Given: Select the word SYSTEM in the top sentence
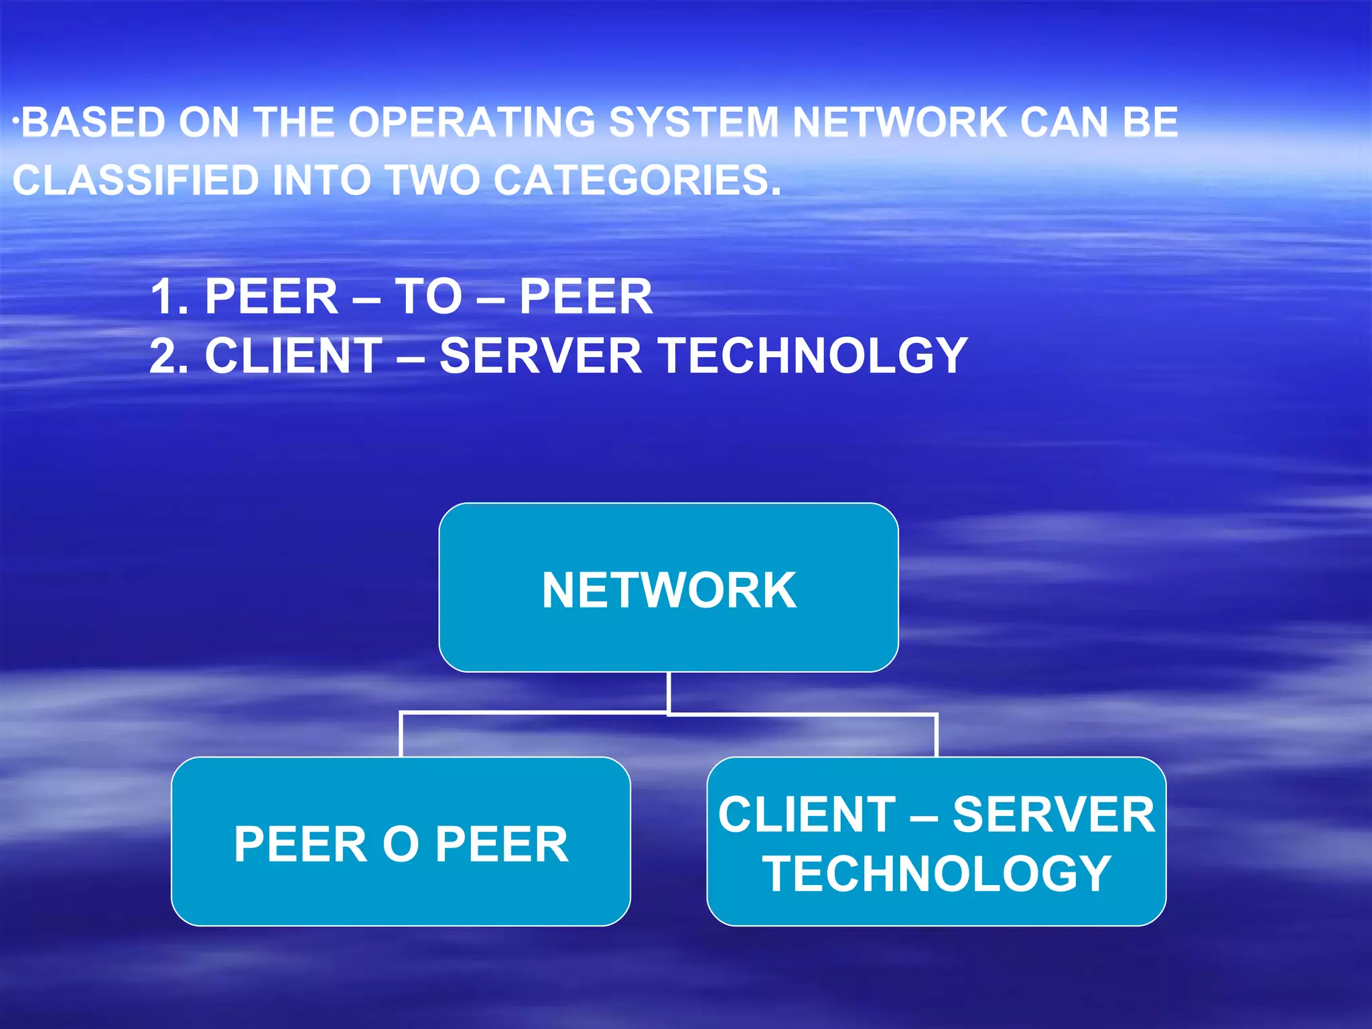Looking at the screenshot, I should click(693, 123).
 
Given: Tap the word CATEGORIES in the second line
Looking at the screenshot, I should click(637, 181).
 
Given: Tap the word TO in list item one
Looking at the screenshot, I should click(428, 297).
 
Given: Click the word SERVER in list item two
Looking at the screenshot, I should click(540, 356).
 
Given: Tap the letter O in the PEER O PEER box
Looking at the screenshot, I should click(401, 844).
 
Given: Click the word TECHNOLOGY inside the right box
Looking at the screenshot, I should click(937, 874).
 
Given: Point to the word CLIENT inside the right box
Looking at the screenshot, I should click(807, 815).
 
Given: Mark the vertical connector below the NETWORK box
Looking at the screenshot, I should click(669, 693).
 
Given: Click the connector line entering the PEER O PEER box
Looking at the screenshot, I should click(401, 736).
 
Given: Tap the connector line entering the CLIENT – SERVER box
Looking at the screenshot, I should click(937, 736).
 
